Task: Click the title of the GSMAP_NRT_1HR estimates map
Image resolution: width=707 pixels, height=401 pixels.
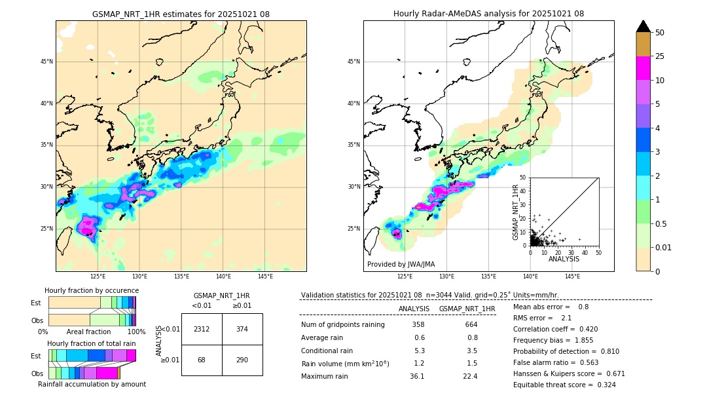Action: [x=181, y=14]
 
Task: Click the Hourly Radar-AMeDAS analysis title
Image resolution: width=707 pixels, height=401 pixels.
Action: [x=488, y=14]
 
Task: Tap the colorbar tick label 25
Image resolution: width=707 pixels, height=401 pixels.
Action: [x=660, y=56]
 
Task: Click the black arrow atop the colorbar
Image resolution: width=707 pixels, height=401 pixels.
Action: [x=644, y=26]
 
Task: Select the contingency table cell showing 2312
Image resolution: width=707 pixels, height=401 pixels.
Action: [x=202, y=329]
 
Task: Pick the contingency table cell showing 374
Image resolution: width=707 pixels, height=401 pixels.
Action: [x=242, y=329]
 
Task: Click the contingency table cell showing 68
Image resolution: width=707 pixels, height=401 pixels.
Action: [x=202, y=360]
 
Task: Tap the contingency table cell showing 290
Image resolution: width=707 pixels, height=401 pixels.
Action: [x=242, y=360]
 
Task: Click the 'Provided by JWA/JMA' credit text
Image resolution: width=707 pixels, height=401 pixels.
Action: [x=401, y=265]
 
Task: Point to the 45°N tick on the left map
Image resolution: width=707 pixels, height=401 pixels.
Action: [x=46, y=62]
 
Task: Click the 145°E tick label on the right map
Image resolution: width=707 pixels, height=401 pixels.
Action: [x=572, y=277]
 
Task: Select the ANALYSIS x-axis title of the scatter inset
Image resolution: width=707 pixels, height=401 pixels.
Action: [x=564, y=259]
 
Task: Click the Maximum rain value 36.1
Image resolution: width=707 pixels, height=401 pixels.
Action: [x=417, y=376]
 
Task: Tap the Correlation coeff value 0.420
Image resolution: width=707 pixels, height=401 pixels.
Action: [x=584, y=329]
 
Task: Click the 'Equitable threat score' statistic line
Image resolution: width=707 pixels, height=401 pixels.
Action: [x=564, y=385]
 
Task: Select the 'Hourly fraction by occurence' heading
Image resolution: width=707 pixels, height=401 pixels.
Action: [x=92, y=290]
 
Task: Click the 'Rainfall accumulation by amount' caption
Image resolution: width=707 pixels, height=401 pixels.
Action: [x=92, y=384]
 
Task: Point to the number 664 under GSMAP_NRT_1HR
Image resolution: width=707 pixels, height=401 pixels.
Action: [x=471, y=324]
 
